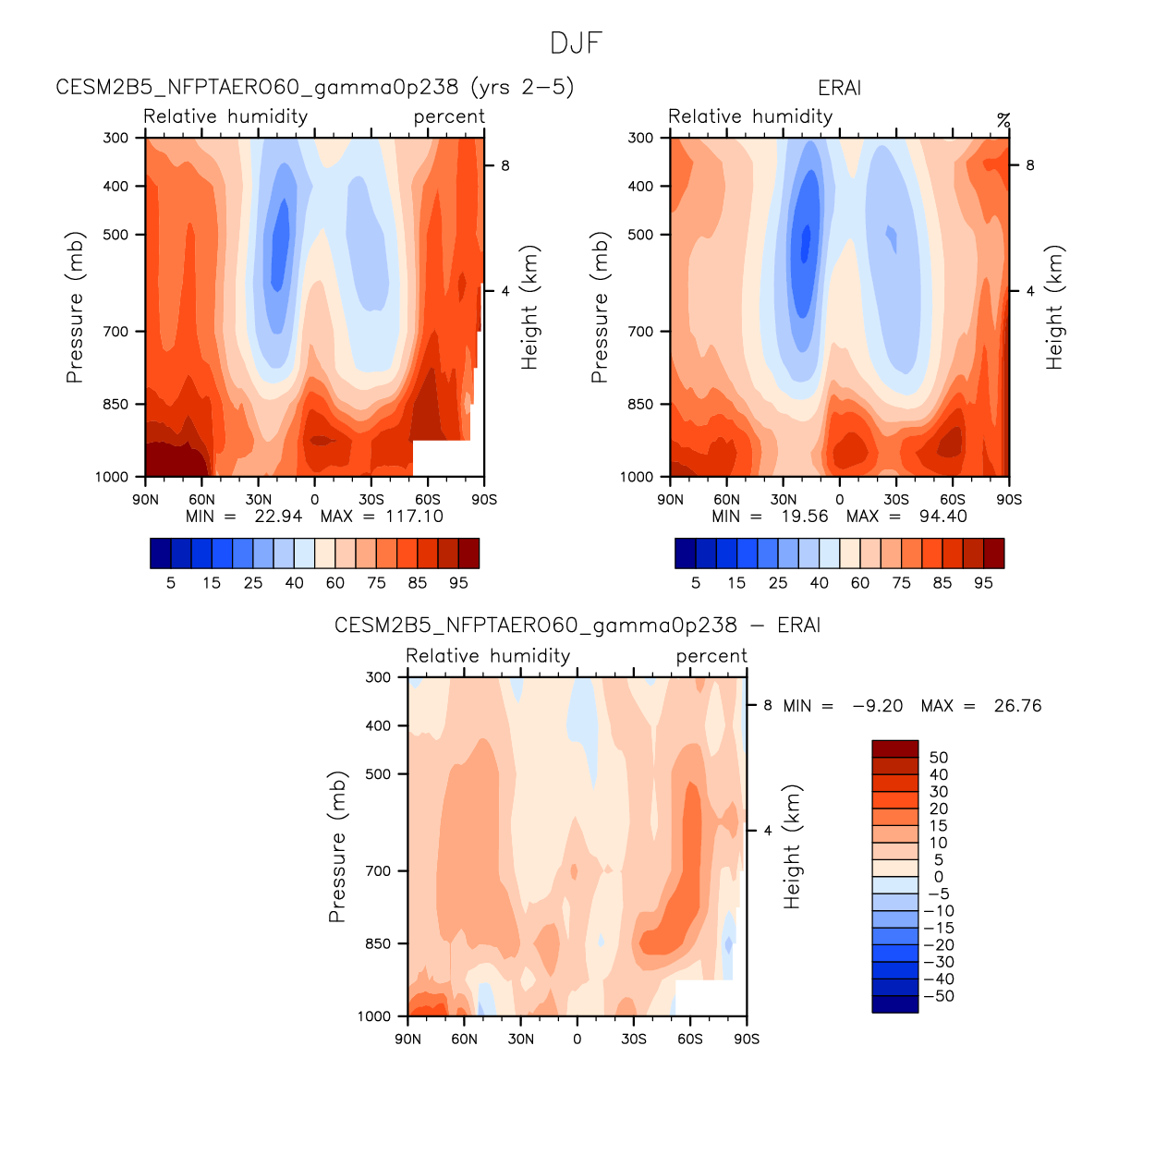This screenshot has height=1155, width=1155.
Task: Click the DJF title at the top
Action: coord(576,43)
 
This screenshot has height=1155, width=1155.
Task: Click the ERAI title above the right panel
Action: coord(839,88)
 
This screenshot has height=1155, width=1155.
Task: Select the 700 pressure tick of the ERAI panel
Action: coord(640,331)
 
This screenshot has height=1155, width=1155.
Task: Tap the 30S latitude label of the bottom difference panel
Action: coord(634,1039)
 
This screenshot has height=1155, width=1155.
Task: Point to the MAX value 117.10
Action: coord(414,517)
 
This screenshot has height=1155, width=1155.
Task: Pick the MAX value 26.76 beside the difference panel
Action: coord(1017,706)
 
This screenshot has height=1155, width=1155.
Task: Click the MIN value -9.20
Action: coord(877,706)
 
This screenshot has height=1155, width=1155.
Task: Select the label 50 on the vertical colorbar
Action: coord(939,758)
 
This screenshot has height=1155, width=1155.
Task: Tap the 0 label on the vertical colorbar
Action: coord(939,877)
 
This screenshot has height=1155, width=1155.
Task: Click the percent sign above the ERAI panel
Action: coord(1003,120)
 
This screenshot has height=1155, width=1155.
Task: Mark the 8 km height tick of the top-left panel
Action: coord(505,165)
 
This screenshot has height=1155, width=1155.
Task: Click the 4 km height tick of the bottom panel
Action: coord(768,831)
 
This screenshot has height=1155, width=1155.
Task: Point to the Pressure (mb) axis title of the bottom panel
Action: coord(337,846)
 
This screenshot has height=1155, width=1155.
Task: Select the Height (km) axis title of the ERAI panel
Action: coord(1054,308)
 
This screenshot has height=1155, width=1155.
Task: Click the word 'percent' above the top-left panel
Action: coord(449,116)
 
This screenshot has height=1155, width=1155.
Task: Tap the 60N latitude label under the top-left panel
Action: coord(201,499)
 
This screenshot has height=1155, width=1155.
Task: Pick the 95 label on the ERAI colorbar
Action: coord(983,583)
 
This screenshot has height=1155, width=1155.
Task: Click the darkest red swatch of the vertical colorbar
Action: coord(894,748)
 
